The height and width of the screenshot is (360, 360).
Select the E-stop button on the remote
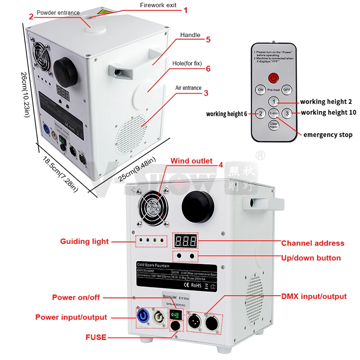[274, 113]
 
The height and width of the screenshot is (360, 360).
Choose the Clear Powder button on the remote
[274, 126]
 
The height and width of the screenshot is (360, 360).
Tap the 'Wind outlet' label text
[191, 161]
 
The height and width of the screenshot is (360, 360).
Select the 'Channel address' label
[312, 243]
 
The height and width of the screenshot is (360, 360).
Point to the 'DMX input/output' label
[314, 296]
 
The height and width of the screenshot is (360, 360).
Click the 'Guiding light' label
[85, 242]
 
